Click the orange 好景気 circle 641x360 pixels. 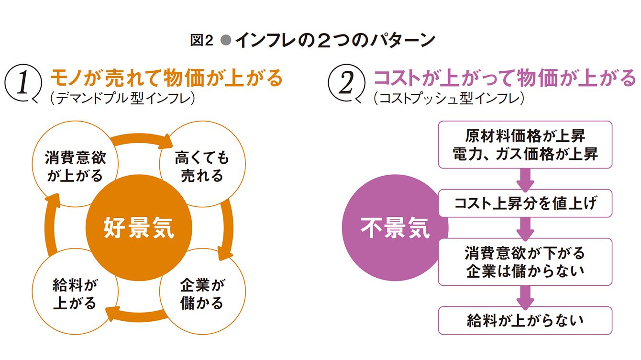(x=139, y=228)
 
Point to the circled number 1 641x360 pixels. (x=23, y=83)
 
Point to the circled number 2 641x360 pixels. (x=346, y=83)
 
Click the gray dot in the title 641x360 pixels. (x=226, y=40)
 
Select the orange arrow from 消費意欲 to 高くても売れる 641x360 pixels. (x=140, y=137)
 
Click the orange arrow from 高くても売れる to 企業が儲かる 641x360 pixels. (x=228, y=229)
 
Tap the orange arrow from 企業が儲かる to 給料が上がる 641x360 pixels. (x=137, y=317)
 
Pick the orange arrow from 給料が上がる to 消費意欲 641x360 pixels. (x=50, y=226)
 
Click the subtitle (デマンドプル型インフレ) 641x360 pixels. (x=122, y=98)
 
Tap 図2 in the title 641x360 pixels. (x=202, y=40)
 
